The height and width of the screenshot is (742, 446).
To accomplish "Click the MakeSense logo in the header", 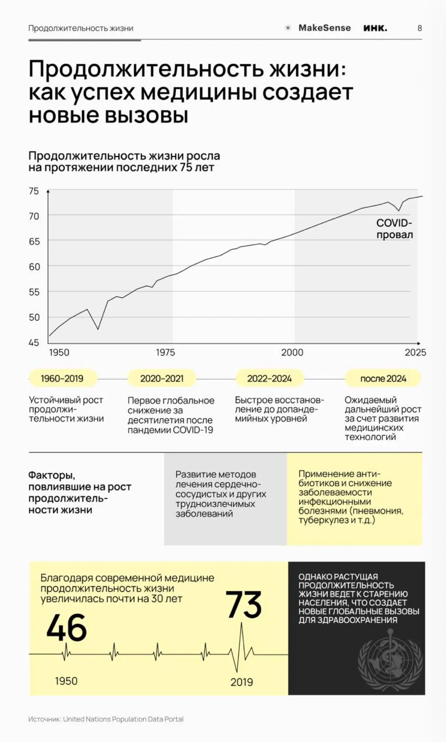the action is coord(318,28).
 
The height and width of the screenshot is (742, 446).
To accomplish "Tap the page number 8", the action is coord(420,28).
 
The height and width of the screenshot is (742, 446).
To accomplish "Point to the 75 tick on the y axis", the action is coord(34,191).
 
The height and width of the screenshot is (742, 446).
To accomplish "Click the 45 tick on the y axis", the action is coord(34,343).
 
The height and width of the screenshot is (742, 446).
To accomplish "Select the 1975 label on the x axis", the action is coord(165,352).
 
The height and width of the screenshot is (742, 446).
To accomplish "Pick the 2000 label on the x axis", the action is coord(292,352).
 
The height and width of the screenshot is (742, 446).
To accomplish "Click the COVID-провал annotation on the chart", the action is coord(394,229).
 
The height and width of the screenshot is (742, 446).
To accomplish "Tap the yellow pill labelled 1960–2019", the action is coord(62,379).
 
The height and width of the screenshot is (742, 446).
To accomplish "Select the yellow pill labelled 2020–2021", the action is coord(162,379).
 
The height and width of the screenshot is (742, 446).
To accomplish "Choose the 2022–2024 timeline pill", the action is coord(269,379).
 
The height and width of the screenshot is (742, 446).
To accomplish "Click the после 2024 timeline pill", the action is coord(383,379).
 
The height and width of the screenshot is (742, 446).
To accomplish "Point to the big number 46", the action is coord(67,628).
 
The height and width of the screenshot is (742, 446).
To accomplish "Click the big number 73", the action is coord(243,605).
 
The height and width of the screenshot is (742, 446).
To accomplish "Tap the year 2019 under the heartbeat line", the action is coord(242,682).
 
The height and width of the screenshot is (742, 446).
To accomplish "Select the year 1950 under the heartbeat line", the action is coord(66,681).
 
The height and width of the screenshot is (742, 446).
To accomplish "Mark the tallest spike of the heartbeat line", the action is coord(242,623).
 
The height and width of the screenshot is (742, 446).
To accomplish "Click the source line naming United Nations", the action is coord(106,719).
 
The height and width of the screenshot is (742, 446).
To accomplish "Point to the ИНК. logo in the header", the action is coord(375,28).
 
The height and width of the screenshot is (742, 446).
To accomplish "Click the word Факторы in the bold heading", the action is coord(52,475).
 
